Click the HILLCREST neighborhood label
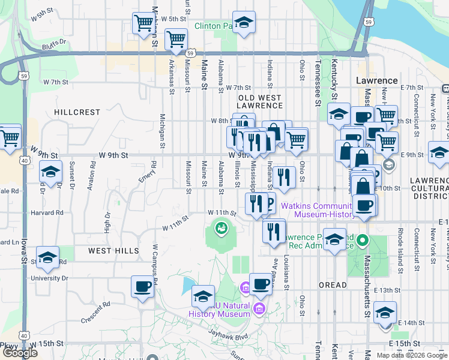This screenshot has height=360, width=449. (x=77, y=112)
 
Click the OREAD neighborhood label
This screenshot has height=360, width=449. (x=333, y=285)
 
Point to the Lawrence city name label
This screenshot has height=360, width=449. (x=376, y=80)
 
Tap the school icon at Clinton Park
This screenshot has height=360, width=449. (x=244, y=23)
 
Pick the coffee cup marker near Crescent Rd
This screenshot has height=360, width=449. (x=143, y=286)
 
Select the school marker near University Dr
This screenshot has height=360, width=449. (x=48, y=257)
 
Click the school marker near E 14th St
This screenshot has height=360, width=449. (x=385, y=313)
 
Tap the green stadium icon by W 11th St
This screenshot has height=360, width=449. (x=221, y=228)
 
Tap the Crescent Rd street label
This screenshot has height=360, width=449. (x=96, y=311)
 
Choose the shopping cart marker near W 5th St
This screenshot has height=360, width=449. (x=143, y=23)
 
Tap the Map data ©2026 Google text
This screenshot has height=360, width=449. (x=412, y=355)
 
